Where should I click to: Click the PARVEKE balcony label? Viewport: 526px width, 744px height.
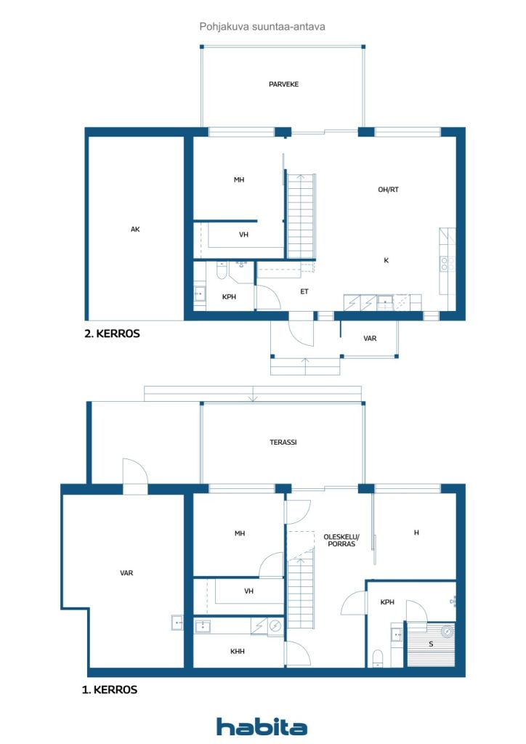click(x=283, y=84)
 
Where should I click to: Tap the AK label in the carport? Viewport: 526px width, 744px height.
click(x=135, y=229)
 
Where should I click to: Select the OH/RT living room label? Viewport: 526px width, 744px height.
click(x=388, y=190)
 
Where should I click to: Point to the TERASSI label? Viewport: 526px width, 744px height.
click(x=283, y=442)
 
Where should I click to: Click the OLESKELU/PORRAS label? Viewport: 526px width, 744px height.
click(x=341, y=541)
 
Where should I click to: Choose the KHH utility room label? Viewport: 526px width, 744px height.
click(x=237, y=652)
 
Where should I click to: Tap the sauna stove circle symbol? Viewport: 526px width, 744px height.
click(x=447, y=631)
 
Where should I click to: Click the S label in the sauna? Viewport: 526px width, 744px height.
click(x=431, y=644)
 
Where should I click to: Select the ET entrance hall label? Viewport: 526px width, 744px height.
click(x=304, y=291)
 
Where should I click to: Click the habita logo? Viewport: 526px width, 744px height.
click(x=262, y=726)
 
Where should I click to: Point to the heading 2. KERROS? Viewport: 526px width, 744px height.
click(x=112, y=333)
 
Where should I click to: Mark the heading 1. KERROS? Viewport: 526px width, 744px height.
click(x=110, y=690)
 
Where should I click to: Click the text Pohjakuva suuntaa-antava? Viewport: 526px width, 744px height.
click(x=262, y=27)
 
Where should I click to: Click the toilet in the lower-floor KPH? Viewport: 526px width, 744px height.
click(x=378, y=658)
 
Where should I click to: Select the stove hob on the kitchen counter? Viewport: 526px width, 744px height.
click(x=448, y=264)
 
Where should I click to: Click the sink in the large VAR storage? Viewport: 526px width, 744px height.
click(x=177, y=623)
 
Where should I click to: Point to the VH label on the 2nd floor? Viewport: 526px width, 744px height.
click(x=243, y=235)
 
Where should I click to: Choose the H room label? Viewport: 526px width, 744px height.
click(x=416, y=533)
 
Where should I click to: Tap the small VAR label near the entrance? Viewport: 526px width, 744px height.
click(x=370, y=339)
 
